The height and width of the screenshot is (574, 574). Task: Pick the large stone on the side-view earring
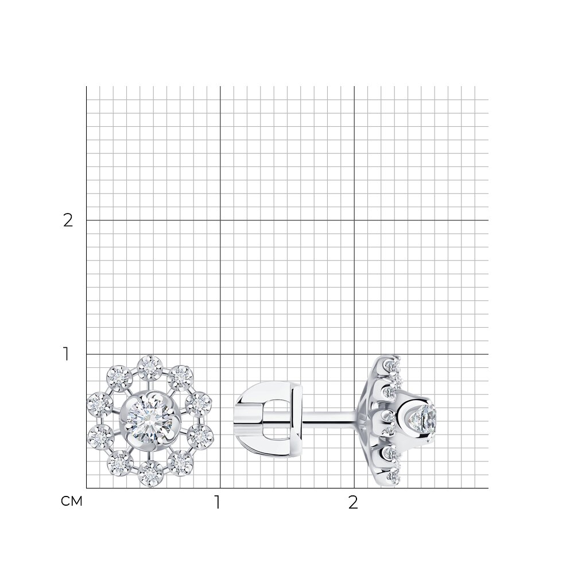[x=424, y=420]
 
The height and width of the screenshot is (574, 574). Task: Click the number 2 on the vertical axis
[x=68, y=220]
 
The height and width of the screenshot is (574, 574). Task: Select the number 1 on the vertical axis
[x=66, y=354]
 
